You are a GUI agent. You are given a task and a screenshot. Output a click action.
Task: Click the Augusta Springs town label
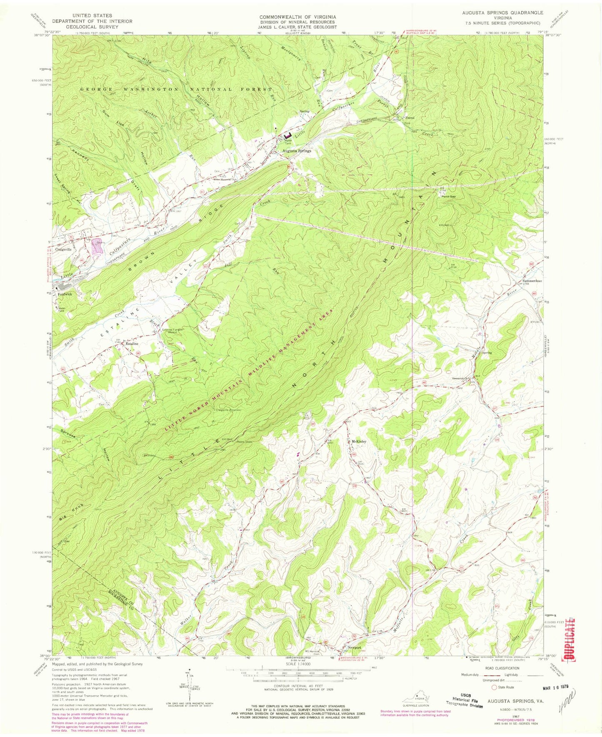(x=297, y=151)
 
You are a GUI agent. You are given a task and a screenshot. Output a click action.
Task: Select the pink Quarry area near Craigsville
(x=97, y=249)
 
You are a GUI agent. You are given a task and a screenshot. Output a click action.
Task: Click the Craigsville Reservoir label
(x=228, y=409)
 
